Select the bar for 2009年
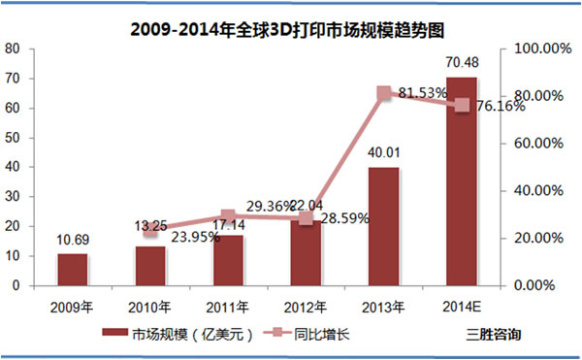(x=72, y=270)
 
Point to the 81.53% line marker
(x=383, y=93)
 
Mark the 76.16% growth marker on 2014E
(x=462, y=105)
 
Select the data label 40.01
(x=383, y=154)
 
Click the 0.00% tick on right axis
(x=534, y=286)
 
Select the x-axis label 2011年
(x=227, y=307)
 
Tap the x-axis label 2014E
(x=461, y=307)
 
